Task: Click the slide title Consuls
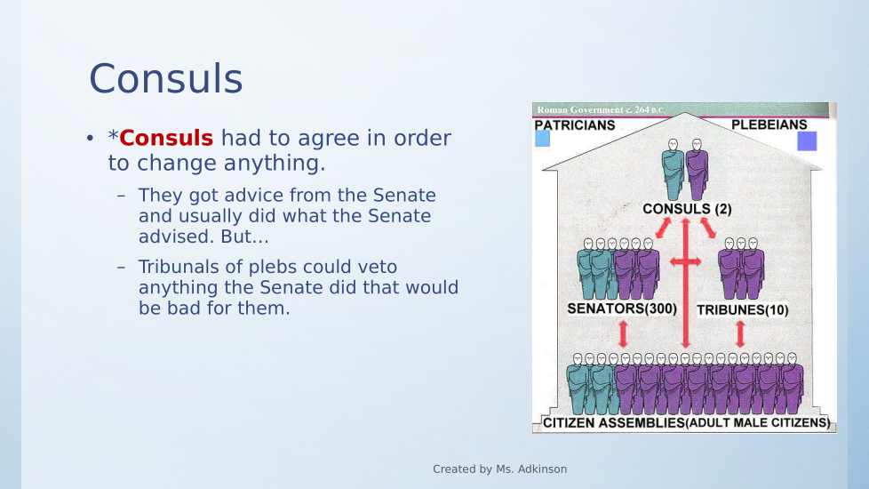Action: [x=165, y=78]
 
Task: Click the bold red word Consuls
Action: [x=166, y=138]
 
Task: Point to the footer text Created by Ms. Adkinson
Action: [x=500, y=469]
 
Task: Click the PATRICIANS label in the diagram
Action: [x=575, y=125]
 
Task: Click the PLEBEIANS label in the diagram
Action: [x=769, y=124]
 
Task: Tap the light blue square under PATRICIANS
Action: [x=543, y=139]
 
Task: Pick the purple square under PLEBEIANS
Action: [x=807, y=141]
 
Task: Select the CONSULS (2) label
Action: [x=687, y=209]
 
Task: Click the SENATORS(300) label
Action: [x=622, y=309]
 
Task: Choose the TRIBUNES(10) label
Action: [x=743, y=310]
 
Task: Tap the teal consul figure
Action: [x=673, y=170]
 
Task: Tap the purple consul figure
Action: [x=697, y=170]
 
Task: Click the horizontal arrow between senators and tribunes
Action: [x=686, y=261]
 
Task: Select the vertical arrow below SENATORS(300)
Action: [x=623, y=334]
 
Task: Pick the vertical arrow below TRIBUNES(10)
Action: [x=740, y=334]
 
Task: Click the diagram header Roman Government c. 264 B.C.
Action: [x=601, y=109]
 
